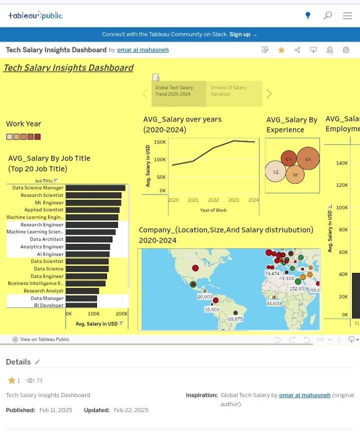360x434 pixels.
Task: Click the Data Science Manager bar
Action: [x=95, y=188]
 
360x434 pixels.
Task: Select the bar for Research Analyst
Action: [x=82, y=291]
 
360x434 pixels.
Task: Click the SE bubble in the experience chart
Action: [x=276, y=172]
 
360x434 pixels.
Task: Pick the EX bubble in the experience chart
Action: [x=308, y=159]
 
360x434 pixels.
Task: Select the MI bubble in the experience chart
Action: [x=295, y=175]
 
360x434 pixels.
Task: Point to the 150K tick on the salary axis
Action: [x=160, y=142]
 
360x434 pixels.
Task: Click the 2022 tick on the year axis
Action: [x=213, y=200]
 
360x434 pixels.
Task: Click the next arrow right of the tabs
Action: [x=269, y=94]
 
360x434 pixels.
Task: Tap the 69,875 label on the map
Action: [x=235, y=319]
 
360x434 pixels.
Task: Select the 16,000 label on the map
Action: [x=211, y=309]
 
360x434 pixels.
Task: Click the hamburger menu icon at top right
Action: [x=347, y=16]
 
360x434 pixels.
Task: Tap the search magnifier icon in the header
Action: [x=327, y=16]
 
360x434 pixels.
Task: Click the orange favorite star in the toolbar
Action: [x=281, y=50]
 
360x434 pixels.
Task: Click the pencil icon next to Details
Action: [x=37, y=362]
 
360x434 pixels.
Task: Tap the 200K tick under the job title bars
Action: [x=121, y=314]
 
